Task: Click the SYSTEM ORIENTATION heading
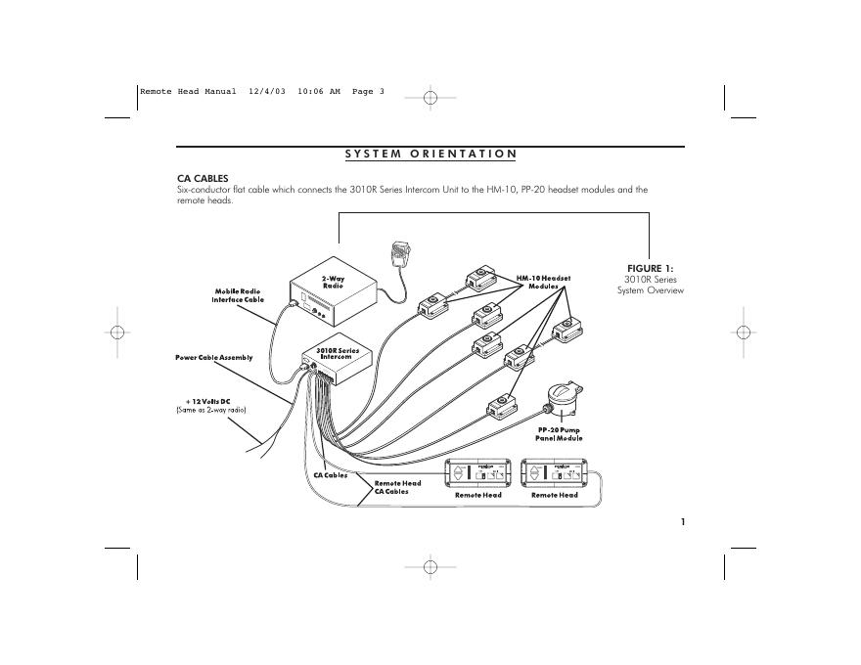[x=430, y=154]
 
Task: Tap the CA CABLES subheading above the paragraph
[x=202, y=178]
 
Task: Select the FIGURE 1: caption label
[x=650, y=268]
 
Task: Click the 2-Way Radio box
[x=332, y=298]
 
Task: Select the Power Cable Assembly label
[x=214, y=358]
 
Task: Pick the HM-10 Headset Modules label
[x=543, y=282]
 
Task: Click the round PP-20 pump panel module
[x=563, y=400]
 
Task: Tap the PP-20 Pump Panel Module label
[x=560, y=434]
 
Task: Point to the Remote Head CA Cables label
[x=398, y=487]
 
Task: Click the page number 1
[x=682, y=521]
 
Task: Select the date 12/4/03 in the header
[x=267, y=92]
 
